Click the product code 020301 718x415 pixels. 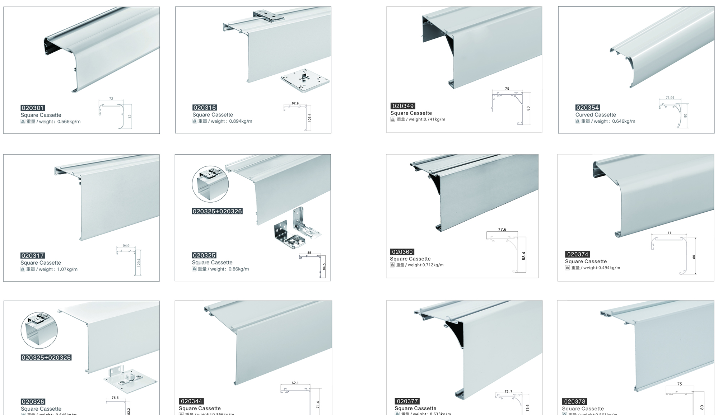click(x=33, y=108)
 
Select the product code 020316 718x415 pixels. click(x=204, y=108)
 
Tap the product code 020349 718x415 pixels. click(x=403, y=106)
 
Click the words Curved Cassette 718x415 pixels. click(x=596, y=115)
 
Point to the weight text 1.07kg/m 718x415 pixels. click(x=67, y=269)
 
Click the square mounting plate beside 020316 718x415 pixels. click(x=305, y=81)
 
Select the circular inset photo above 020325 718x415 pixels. click(x=210, y=184)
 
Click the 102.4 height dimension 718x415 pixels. click(x=309, y=117)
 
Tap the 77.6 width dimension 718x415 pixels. click(x=502, y=229)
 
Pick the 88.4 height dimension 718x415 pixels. click(x=523, y=256)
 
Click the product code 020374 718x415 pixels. click(x=578, y=254)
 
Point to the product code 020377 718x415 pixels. click(x=407, y=401)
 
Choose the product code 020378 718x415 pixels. click(x=575, y=401)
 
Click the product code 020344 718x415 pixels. click(x=191, y=401)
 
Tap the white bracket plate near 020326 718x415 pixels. click(x=130, y=379)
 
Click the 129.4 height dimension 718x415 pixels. click(x=139, y=263)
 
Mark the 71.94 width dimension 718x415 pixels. click(x=670, y=98)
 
